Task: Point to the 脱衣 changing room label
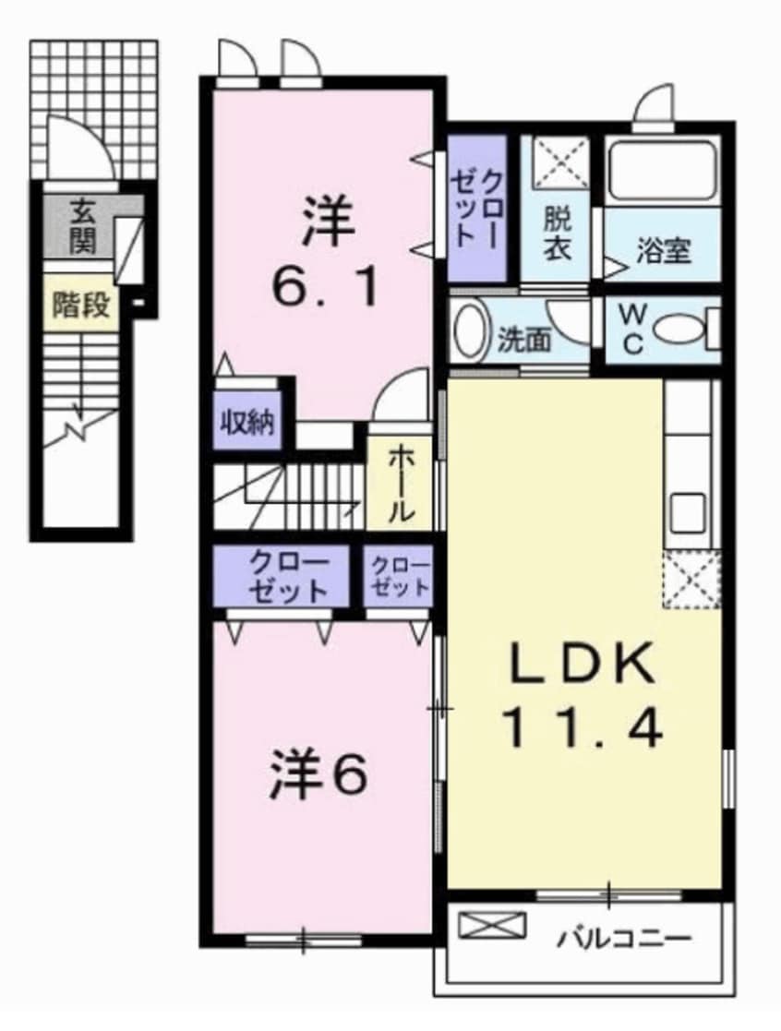[x=556, y=234]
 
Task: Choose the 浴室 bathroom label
[x=663, y=250]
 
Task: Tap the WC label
[x=633, y=330]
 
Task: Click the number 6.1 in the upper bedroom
[x=324, y=288]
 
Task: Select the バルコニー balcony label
[x=624, y=941]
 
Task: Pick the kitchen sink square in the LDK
[x=687, y=511]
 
